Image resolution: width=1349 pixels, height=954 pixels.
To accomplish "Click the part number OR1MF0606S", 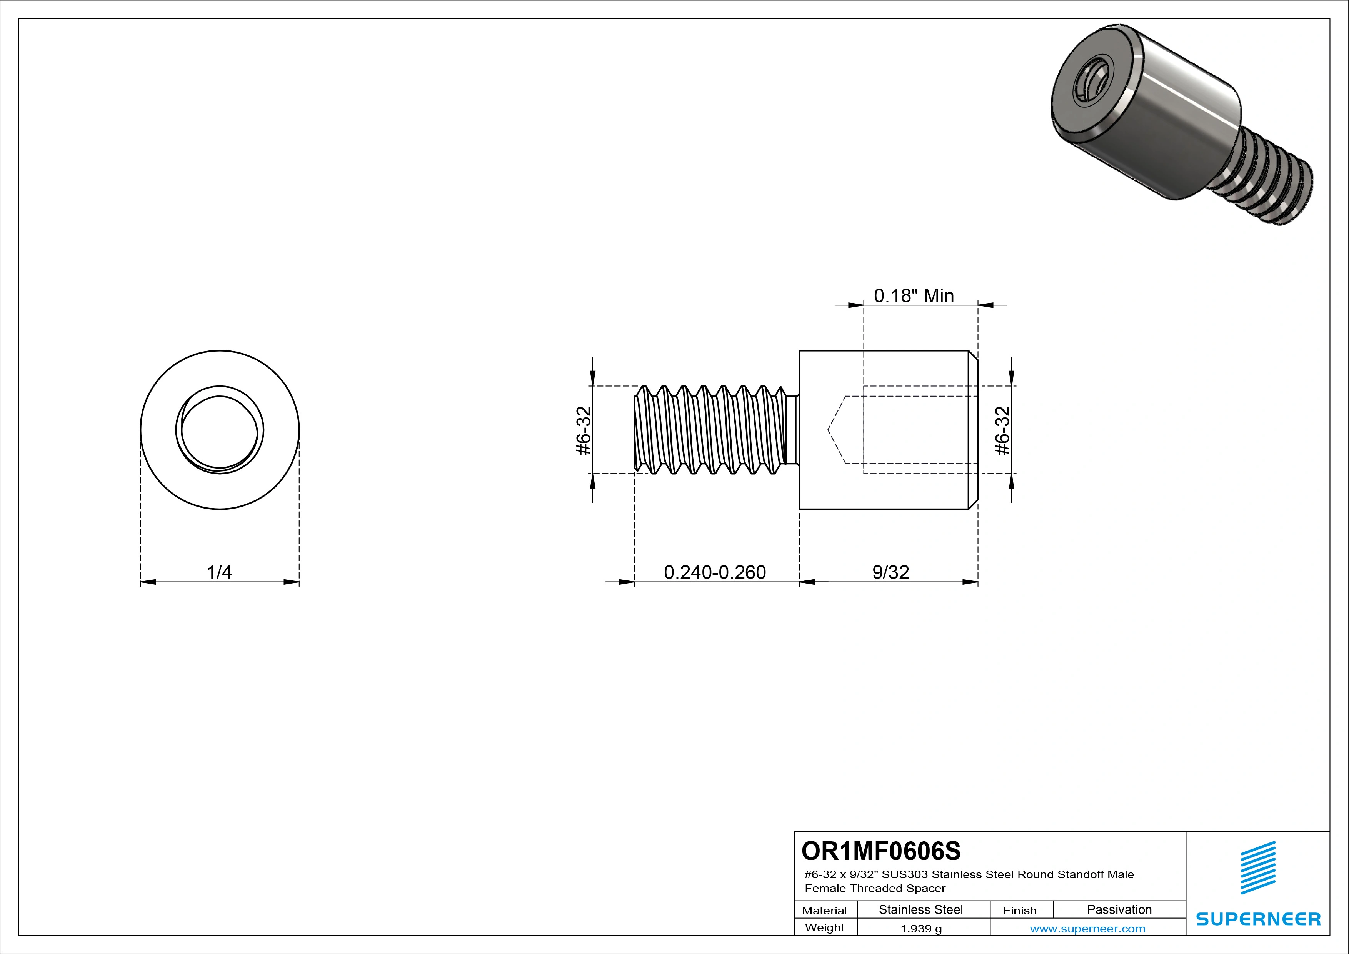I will click(881, 851).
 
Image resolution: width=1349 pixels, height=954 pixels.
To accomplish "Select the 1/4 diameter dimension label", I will click(219, 572).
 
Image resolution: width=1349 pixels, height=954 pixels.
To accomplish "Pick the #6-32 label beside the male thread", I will click(584, 430).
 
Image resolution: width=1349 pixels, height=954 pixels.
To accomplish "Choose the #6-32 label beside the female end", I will click(1002, 430).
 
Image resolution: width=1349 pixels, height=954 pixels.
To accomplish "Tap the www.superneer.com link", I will click(1087, 929).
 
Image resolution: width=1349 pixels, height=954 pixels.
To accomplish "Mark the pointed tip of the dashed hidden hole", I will click(829, 430).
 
